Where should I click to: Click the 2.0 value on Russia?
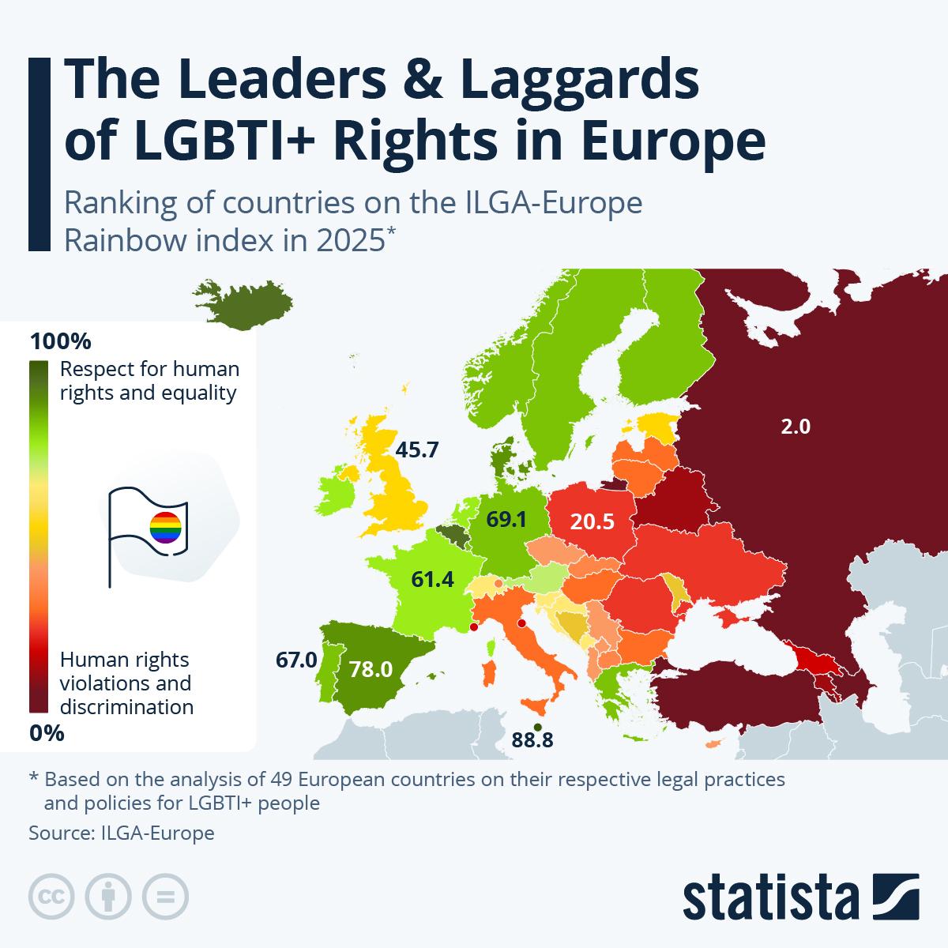coord(795,427)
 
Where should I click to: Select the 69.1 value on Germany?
coord(506,520)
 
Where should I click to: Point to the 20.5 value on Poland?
coord(593,521)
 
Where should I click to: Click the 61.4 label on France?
coord(432,580)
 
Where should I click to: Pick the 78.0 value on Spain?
coord(371,670)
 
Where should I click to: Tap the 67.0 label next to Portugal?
coord(295,659)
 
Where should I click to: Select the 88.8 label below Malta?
coord(532,740)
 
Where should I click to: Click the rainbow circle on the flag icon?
coord(165,527)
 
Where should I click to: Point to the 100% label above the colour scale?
coord(60,342)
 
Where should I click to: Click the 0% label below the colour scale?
coord(47,733)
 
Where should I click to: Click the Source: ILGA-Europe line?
coord(121,833)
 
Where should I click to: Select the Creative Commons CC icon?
coord(52,897)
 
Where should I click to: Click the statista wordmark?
coord(771,897)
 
